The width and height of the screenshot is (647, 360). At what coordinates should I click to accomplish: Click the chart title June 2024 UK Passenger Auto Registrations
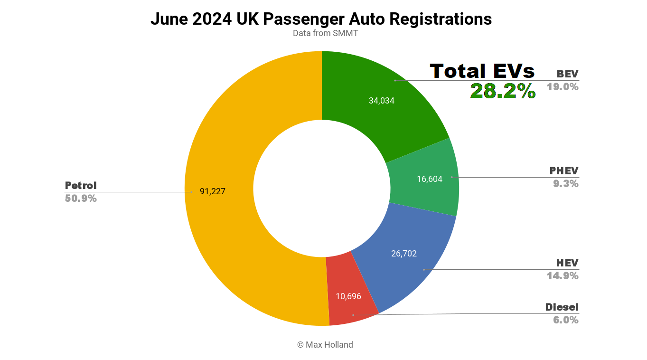point(321,19)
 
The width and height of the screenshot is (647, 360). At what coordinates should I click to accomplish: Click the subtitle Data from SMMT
point(325,33)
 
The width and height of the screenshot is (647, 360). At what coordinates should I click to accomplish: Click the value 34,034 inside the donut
point(382,101)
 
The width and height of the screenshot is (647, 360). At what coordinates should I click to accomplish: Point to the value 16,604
point(429,179)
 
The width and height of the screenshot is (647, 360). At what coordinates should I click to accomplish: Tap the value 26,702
point(403,254)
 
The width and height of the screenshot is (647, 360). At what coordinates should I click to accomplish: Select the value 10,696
point(348,296)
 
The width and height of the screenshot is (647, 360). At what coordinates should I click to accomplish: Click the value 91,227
point(212,192)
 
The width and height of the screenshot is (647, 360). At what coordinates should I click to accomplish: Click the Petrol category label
point(81,185)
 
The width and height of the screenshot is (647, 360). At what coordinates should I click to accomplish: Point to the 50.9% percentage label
point(81,199)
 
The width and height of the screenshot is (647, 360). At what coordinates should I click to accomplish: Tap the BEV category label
point(567,74)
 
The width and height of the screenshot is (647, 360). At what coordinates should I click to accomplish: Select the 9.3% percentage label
point(566,184)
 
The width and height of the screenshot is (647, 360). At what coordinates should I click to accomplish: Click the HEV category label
point(567,263)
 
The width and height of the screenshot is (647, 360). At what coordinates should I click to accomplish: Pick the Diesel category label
point(562,307)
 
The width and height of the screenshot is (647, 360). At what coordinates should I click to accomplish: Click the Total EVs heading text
point(482,71)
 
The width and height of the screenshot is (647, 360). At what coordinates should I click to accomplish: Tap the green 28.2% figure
point(503,91)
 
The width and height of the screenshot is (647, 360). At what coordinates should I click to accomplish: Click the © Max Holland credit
point(325,345)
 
